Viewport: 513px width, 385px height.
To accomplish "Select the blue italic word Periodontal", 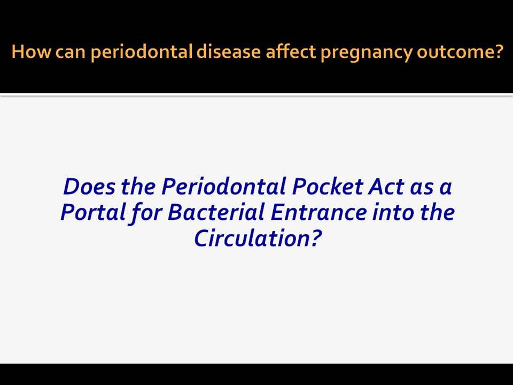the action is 224,187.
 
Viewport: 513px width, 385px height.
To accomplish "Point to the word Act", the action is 386,187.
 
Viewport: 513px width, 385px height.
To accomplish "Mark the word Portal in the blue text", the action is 93,212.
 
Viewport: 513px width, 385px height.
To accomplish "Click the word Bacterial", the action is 216,212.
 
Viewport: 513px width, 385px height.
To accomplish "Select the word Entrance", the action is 318,213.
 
